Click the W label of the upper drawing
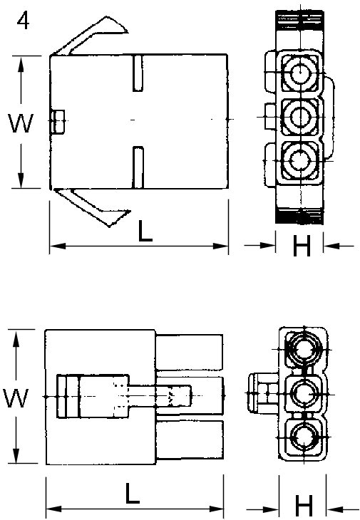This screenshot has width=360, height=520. (x=22, y=124)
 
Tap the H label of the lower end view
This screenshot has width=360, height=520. (x=304, y=506)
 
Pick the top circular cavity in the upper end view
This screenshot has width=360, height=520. (x=299, y=73)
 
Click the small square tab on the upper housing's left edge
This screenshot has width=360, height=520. (x=58, y=121)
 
